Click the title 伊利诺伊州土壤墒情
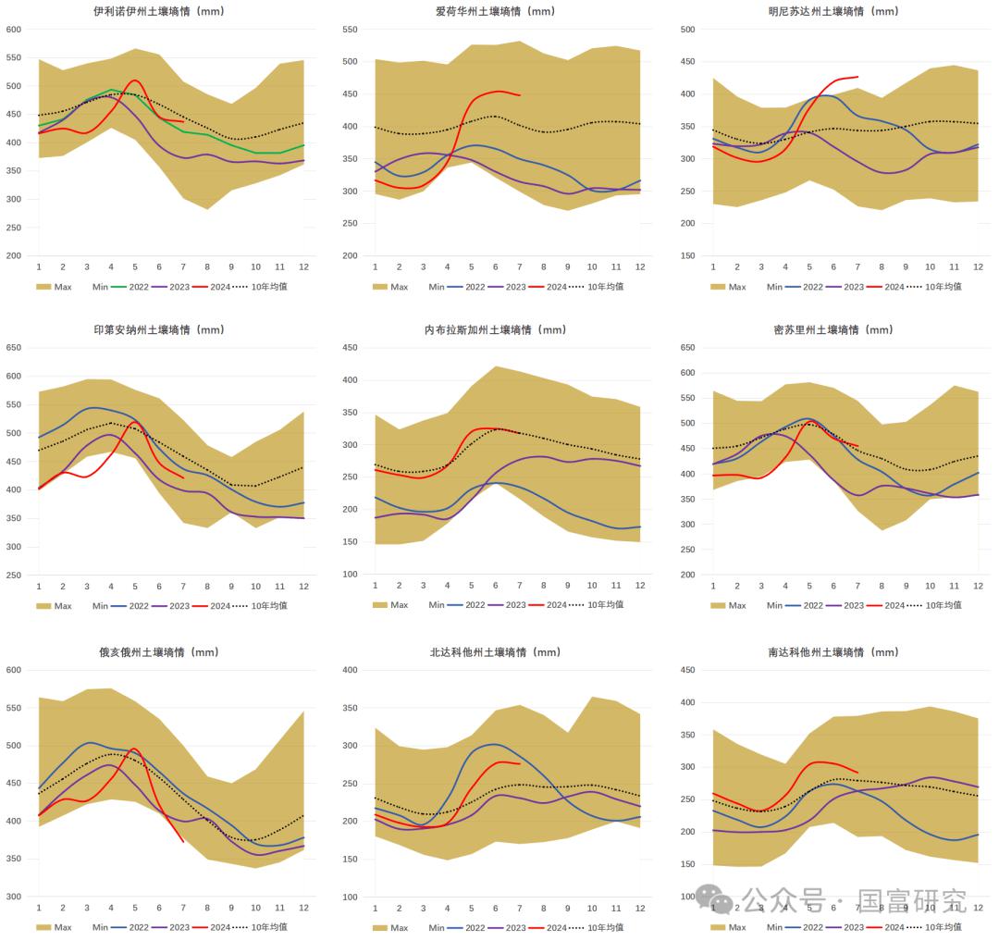[159, 12]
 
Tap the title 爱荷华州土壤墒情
[496, 12]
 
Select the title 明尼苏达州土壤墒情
[833, 12]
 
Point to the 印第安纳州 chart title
[159, 330]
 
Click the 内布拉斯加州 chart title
[496, 330]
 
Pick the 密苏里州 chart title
[833, 330]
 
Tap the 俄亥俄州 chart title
[159, 652]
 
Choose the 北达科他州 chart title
[496, 652]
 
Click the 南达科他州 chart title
[833, 652]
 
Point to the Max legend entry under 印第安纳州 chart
[55, 606]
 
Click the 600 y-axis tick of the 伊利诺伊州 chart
[13, 30]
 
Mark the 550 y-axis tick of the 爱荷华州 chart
[350, 30]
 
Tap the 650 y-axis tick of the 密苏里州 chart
[687, 348]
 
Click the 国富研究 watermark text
[912, 899]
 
